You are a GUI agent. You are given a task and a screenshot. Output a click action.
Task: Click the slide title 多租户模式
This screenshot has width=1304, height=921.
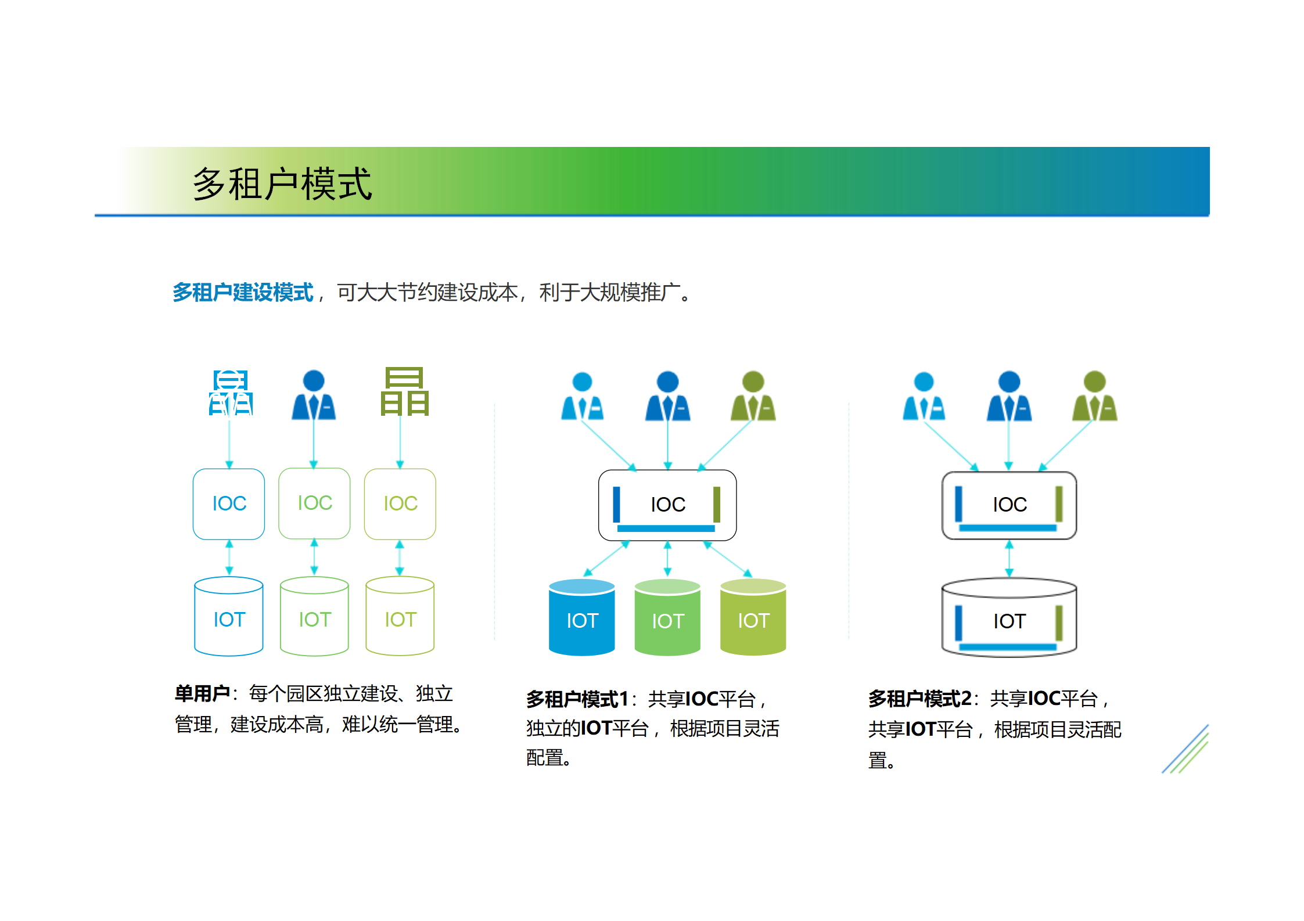[x=282, y=184]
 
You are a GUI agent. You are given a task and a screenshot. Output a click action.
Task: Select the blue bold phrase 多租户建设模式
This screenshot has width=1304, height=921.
[x=243, y=292]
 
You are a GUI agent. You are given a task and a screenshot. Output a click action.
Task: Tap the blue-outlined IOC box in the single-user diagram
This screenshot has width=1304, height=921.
[x=229, y=503]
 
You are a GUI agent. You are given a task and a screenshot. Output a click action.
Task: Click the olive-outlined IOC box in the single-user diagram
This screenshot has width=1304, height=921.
[x=400, y=503]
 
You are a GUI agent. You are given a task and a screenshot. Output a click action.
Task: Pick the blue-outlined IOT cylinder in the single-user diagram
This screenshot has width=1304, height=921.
[x=229, y=617]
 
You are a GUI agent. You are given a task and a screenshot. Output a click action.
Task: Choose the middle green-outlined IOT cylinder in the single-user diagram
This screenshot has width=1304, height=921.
[x=314, y=617]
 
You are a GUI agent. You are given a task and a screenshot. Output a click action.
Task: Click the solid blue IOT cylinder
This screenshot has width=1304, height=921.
[x=581, y=618]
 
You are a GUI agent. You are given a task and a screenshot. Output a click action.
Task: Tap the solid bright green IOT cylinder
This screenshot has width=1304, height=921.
[x=667, y=618]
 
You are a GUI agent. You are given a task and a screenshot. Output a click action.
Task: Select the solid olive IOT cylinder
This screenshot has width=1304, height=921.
[x=753, y=618]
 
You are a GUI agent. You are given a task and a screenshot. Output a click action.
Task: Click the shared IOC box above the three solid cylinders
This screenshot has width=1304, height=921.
[x=667, y=505]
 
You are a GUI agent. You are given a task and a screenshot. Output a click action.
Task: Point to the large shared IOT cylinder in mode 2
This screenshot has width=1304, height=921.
[x=1009, y=618]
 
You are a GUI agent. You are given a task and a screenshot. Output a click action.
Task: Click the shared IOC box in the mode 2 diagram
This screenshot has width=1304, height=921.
[x=1009, y=505]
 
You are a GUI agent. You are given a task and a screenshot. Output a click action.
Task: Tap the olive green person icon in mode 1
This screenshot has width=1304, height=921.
[x=753, y=396]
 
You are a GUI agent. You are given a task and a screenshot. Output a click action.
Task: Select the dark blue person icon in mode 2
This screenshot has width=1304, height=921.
[x=1009, y=396]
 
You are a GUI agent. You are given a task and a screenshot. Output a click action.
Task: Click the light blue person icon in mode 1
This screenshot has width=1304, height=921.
[x=582, y=396]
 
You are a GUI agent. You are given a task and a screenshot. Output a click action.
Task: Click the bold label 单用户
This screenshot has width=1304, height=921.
[x=202, y=693]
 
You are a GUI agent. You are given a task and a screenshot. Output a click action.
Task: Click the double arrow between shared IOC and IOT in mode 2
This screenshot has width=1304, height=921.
[x=1009, y=559]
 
